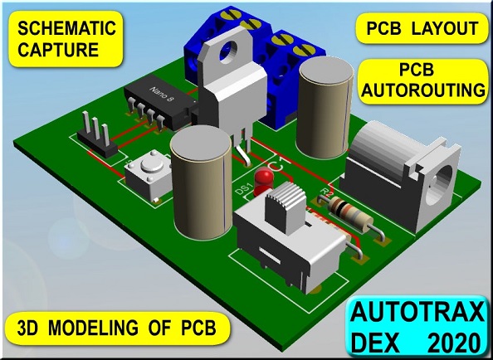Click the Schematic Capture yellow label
66,39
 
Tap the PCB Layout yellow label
422,28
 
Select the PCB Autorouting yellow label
423,81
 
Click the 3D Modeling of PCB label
117,328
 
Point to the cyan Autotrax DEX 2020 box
417,328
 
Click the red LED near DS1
264,182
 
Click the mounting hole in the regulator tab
228,52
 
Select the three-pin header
97,136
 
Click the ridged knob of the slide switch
286,207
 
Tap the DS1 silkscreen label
243,189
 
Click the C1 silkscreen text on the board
276,165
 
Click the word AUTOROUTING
423,90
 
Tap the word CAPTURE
58,50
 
